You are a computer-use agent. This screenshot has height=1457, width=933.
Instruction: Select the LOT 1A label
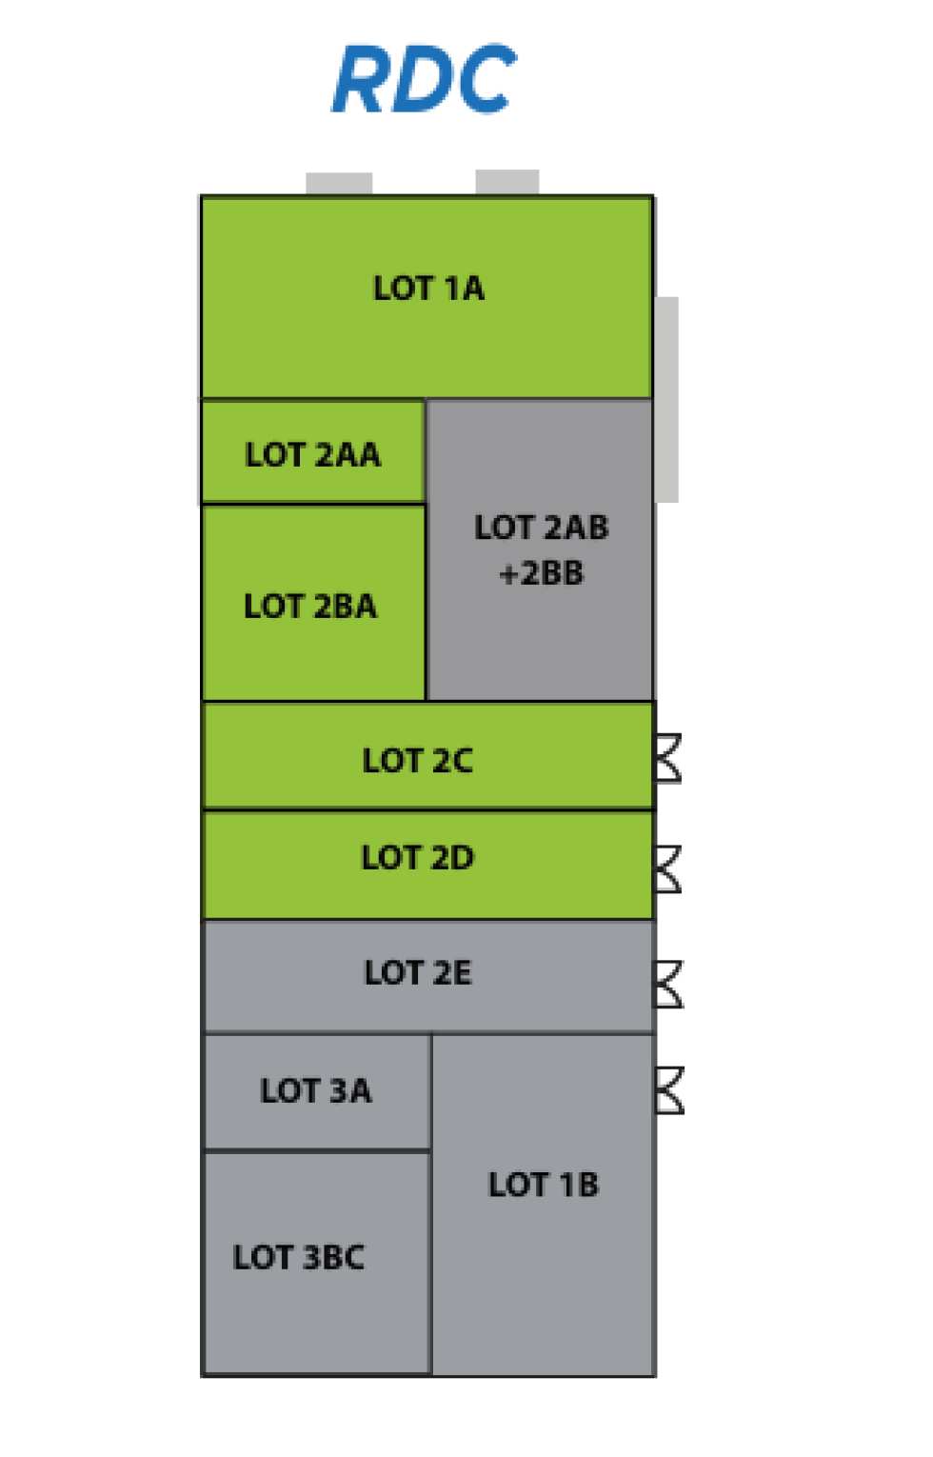click(428, 289)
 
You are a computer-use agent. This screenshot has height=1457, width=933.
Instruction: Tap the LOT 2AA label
click(312, 455)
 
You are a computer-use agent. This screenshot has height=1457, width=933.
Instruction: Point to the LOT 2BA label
click(310, 607)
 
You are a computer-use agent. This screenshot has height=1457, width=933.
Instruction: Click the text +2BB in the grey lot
click(541, 573)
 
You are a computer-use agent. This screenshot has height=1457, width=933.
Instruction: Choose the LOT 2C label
click(417, 761)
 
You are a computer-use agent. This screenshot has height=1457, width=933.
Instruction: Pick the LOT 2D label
click(417, 858)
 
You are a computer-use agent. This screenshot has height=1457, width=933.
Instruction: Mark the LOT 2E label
click(417, 973)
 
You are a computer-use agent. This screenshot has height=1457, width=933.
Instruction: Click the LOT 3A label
click(316, 1091)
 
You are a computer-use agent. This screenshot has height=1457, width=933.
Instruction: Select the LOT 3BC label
click(299, 1258)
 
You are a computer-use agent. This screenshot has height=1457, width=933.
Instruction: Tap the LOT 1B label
click(544, 1186)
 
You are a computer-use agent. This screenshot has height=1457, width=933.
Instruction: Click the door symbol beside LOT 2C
click(668, 758)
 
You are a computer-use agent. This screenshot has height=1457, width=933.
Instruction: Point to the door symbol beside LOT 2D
click(668, 869)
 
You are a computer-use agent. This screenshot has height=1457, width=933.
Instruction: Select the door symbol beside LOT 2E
click(668, 984)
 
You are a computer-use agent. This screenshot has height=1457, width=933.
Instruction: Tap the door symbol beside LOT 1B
click(669, 1090)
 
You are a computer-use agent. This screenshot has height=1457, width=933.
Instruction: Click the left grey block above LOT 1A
click(339, 184)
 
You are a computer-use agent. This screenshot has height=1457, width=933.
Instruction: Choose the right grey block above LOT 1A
click(507, 182)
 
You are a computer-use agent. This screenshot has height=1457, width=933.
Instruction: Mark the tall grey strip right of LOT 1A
click(666, 399)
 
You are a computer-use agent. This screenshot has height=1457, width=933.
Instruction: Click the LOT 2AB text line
click(541, 528)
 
